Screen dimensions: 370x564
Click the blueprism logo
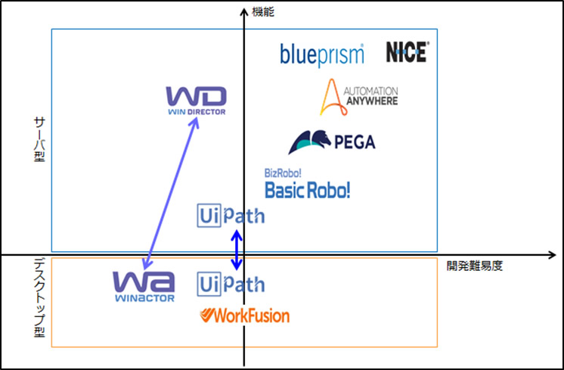click(322, 54)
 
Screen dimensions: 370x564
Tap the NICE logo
click(407, 51)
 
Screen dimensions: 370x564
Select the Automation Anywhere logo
click(358, 96)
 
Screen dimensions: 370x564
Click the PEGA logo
click(331, 141)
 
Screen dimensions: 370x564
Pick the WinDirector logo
click(196, 101)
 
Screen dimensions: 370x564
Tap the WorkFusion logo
click(244, 316)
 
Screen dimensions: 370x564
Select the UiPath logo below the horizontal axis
click(231, 284)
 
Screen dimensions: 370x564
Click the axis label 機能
click(263, 12)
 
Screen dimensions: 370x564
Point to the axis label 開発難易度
click(474, 266)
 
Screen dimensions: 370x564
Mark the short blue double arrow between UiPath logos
click(237, 250)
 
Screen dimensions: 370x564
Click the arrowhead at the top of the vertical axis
click(243, 10)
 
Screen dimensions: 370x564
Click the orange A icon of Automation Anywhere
click(330, 97)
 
